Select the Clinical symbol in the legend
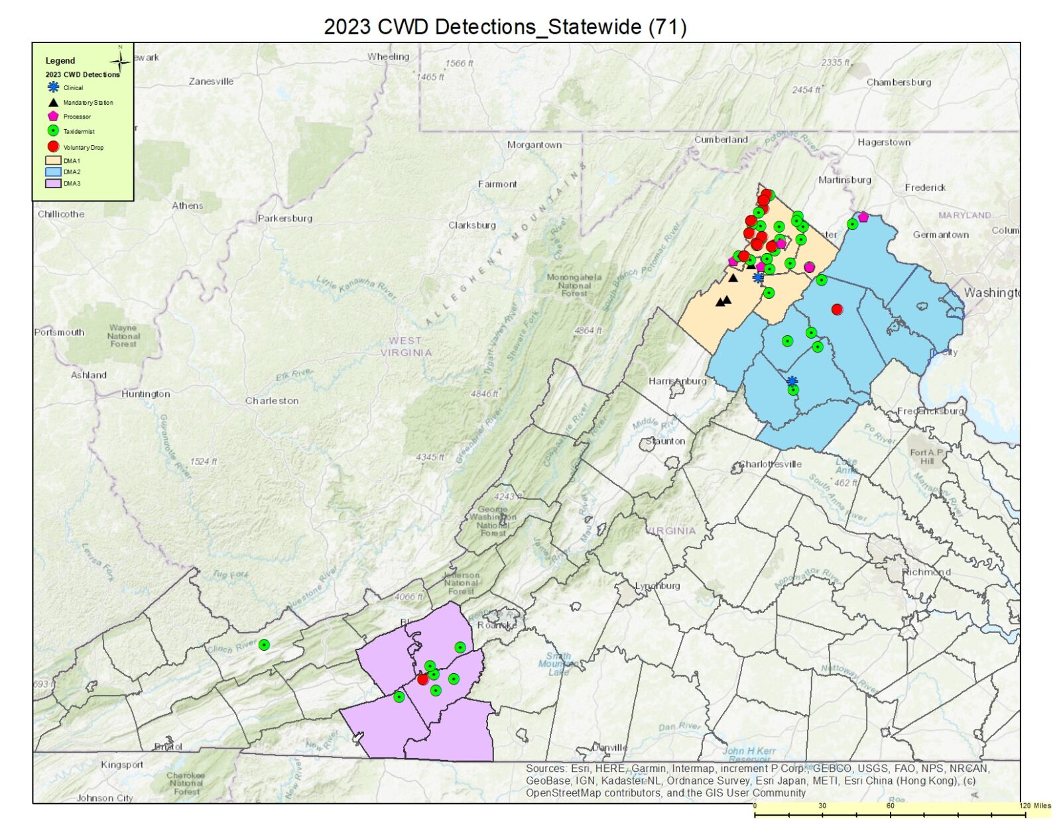(54, 87)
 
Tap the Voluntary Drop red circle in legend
(54, 146)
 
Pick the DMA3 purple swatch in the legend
(53, 184)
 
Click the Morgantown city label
(534, 144)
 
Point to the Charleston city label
(272, 401)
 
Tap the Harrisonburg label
(677, 381)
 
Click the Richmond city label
(926, 571)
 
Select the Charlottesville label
(771, 464)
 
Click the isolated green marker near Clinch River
(264, 645)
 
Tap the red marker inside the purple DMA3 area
(422, 679)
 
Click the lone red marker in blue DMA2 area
(837, 309)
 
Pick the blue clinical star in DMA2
(792, 381)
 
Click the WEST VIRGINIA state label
(406, 347)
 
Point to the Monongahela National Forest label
(574, 285)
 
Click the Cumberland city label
(720, 140)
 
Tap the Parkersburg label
(284, 218)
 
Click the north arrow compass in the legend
(120, 62)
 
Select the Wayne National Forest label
(123, 335)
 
